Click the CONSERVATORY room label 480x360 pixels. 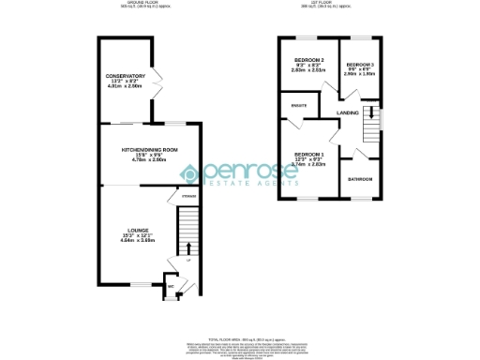point(125,76)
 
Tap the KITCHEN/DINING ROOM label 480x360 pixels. point(149,150)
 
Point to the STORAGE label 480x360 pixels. point(188,197)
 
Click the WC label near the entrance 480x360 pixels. point(170,287)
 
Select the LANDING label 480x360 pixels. point(349,113)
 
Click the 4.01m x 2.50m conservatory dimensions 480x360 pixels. point(126,87)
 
